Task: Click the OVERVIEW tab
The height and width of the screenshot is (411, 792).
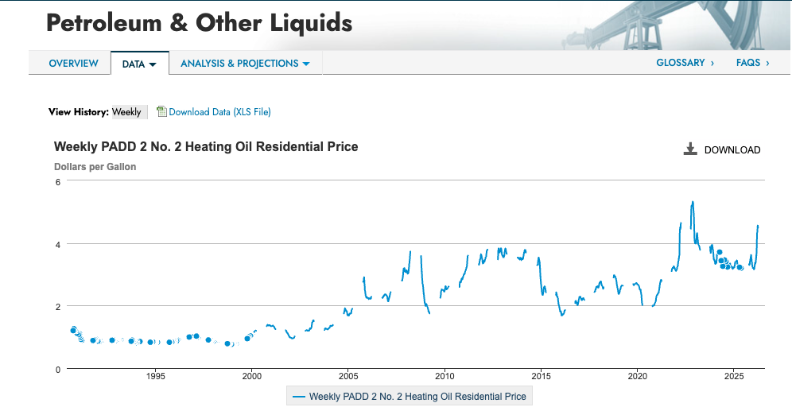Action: click(73, 63)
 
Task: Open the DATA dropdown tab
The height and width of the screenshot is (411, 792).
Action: click(139, 64)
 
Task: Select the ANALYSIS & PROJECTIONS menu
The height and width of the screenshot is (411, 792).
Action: click(245, 63)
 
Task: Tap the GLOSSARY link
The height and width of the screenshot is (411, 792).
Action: click(685, 63)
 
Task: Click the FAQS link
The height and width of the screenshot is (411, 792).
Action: click(752, 63)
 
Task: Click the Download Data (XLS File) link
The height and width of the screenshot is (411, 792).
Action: click(219, 111)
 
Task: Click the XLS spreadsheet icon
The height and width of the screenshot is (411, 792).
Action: click(161, 111)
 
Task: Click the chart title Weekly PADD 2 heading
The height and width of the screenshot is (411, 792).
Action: click(206, 146)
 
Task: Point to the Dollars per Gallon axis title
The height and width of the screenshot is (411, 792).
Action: click(95, 167)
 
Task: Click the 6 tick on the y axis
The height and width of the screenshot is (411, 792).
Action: click(57, 182)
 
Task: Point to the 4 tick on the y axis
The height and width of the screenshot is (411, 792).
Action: click(57, 244)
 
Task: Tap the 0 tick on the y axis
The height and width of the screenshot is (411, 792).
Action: click(57, 370)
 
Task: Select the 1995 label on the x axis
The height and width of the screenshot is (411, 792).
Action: click(156, 376)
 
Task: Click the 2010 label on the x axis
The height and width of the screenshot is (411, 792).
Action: click(445, 376)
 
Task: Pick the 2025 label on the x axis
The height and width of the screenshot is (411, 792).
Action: click(734, 376)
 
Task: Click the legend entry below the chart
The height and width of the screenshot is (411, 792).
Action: click(410, 397)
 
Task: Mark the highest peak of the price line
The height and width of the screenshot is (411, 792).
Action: click(693, 202)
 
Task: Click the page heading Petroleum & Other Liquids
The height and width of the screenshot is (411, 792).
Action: click(199, 23)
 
